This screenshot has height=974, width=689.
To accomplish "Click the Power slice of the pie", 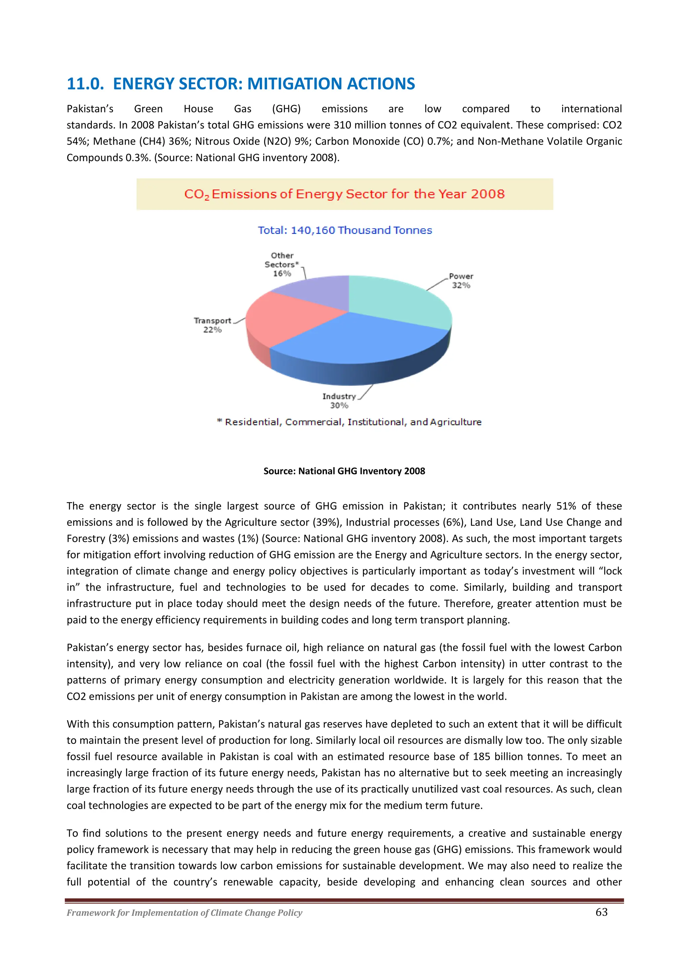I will point(399,299).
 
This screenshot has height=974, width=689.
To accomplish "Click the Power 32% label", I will point(461,281).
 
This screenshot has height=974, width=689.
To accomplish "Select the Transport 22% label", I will point(212,325).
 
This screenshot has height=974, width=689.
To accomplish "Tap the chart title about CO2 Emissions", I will point(344,194).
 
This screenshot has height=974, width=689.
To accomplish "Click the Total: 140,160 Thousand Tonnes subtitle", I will point(344,230).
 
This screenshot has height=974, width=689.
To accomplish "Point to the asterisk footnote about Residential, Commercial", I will point(349,422).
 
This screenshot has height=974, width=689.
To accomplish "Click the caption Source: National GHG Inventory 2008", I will point(344,471).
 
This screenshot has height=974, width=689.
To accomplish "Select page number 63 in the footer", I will point(601,912).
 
